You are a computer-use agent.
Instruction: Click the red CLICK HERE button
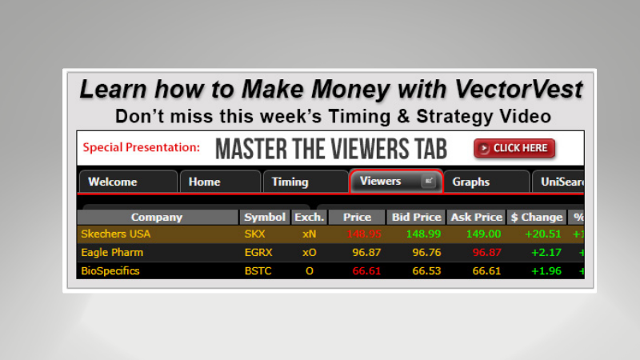514,148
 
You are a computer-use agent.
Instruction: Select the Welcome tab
112,182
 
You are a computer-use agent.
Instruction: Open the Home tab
204,182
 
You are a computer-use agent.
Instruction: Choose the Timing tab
290,182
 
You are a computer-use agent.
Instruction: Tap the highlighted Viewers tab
381,181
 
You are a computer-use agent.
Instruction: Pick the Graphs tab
470,182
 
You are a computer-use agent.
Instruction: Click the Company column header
157,217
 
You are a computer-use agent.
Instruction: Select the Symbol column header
265,217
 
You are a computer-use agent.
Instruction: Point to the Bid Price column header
416,217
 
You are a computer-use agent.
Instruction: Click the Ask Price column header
477,217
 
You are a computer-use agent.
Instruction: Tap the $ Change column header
536,217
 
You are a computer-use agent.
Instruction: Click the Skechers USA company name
115,234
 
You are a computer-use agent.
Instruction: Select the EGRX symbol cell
259,252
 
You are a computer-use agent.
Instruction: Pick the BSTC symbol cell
258,270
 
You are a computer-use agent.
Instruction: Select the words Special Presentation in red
141,148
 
